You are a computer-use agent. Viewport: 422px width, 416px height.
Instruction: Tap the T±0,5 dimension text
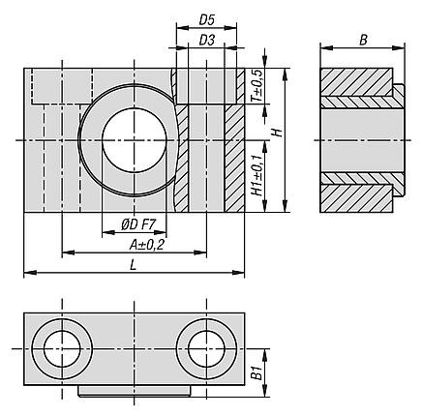[257, 87]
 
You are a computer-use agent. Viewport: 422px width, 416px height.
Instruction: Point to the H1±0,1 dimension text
[257, 176]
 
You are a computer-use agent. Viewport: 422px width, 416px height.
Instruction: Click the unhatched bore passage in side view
[357, 141]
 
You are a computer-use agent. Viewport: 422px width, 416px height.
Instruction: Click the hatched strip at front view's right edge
[233, 160]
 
